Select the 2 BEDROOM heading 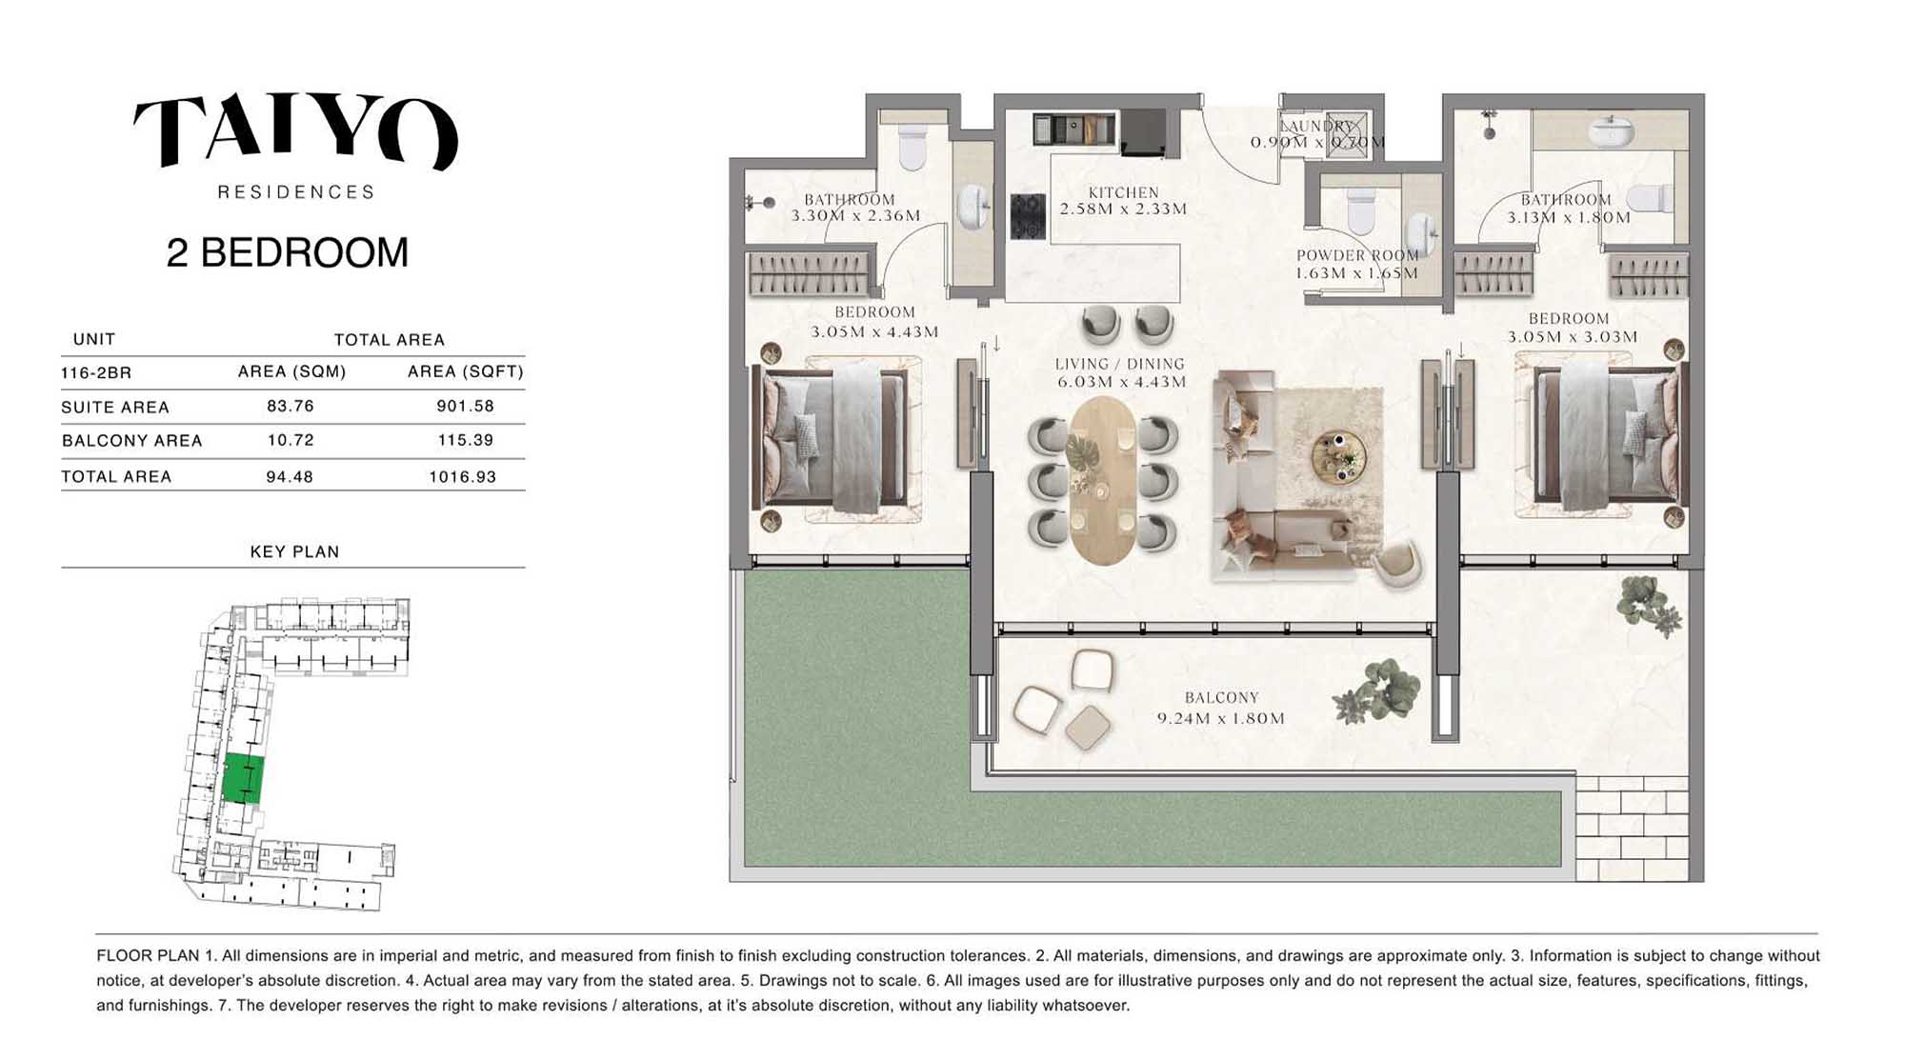[288, 252]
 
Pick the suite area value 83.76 [291, 406]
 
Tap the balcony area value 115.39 [466, 440]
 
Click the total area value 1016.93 [463, 476]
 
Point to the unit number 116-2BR [96, 372]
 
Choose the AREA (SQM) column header [292, 371]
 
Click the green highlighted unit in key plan [243, 779]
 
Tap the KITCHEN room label [1124, 192]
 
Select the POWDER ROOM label [1357, 255]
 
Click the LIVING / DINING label [1120, 364]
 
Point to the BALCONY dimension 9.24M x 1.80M [1221, 718]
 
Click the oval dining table [1102, 480]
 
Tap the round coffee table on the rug [1338, 456]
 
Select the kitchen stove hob [1029, 215]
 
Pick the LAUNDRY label [1316, 126]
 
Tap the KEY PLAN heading [294, 551]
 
